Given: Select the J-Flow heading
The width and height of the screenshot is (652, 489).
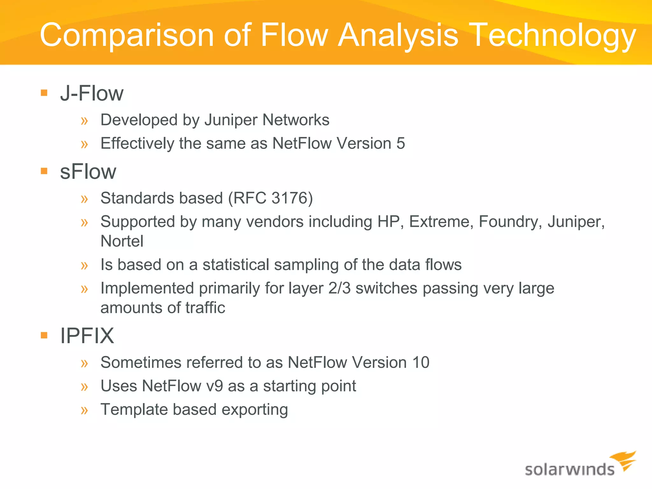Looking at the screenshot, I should click(92, 94).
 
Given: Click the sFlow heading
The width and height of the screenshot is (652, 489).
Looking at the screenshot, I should click(88, 172).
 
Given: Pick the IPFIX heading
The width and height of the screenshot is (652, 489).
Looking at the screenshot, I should click(87, 336).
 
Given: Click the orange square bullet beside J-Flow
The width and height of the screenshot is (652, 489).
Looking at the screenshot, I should click(44, 93).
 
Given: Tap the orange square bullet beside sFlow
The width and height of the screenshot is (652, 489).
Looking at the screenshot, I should click(44, 171).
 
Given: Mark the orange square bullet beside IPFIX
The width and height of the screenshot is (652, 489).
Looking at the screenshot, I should click(44, 335).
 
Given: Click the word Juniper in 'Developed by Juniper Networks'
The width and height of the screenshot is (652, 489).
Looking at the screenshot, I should click(230, 120).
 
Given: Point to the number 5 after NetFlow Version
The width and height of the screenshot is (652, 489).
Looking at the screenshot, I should click(400, 143).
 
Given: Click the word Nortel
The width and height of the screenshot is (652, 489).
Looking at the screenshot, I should click(122, 241).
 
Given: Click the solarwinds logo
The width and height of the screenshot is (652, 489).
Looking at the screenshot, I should click(579, 465).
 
